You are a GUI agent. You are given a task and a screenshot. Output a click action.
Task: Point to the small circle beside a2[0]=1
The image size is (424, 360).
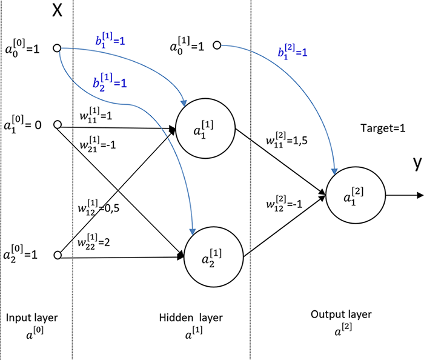click(58, 255)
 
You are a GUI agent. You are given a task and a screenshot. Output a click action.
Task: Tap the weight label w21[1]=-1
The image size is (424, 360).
click(98, 145)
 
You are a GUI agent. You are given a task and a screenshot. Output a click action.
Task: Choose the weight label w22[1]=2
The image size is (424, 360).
click(97, 242)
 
